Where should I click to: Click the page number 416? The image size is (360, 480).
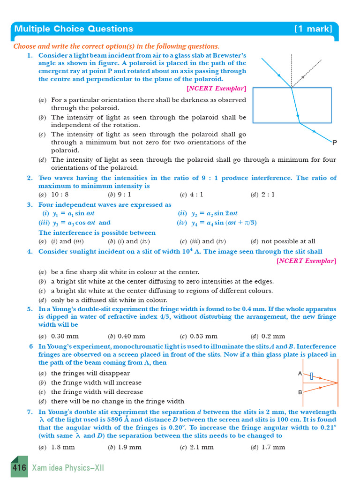[19, 468]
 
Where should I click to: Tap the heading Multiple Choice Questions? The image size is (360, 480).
[74, 29]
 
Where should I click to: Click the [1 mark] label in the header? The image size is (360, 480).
[313, 29]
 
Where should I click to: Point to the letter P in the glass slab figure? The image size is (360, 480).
[335, 142]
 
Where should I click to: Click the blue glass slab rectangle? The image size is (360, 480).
[292, 105]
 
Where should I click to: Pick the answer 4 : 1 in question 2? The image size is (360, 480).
[196, 195]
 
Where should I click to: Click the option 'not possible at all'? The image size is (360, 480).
[288, 241]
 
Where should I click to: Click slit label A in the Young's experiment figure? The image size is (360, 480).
[300, 374]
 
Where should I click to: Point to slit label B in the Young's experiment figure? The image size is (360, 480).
[300, 392]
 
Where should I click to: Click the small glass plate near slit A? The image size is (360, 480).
[311, 375]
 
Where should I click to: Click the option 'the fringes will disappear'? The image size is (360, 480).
[90, 373]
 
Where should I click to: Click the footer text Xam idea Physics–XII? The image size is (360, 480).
[68, 468]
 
